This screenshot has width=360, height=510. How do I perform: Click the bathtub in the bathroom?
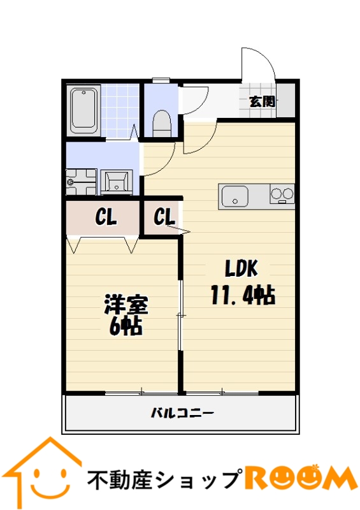[x=83, y=110]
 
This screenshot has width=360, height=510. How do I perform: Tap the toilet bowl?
[x=162, y=123]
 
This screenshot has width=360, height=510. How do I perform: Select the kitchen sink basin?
[x=235, y=196]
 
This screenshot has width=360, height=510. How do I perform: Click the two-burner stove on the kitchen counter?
[x=282, y=194]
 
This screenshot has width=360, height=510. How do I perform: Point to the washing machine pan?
[x=82, y=182]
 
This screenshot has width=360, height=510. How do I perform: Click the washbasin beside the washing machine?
[x=117, y=182]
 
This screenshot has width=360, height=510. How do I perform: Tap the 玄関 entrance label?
[x=262, y=102]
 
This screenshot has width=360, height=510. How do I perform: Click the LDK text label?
[x=241, y=268]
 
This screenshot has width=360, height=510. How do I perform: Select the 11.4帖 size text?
[x=243, y=295]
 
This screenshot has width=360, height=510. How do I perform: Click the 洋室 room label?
[x=126, y=305]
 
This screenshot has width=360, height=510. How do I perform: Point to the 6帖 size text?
[x=126, y=326]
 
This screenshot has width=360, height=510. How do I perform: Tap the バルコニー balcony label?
[x=182, y=413]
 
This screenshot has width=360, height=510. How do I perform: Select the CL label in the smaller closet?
[x=164, y=217]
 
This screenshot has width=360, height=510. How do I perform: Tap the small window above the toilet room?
[x=161, y=79]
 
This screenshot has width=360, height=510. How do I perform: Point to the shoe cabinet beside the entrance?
[x=285, y=101]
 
